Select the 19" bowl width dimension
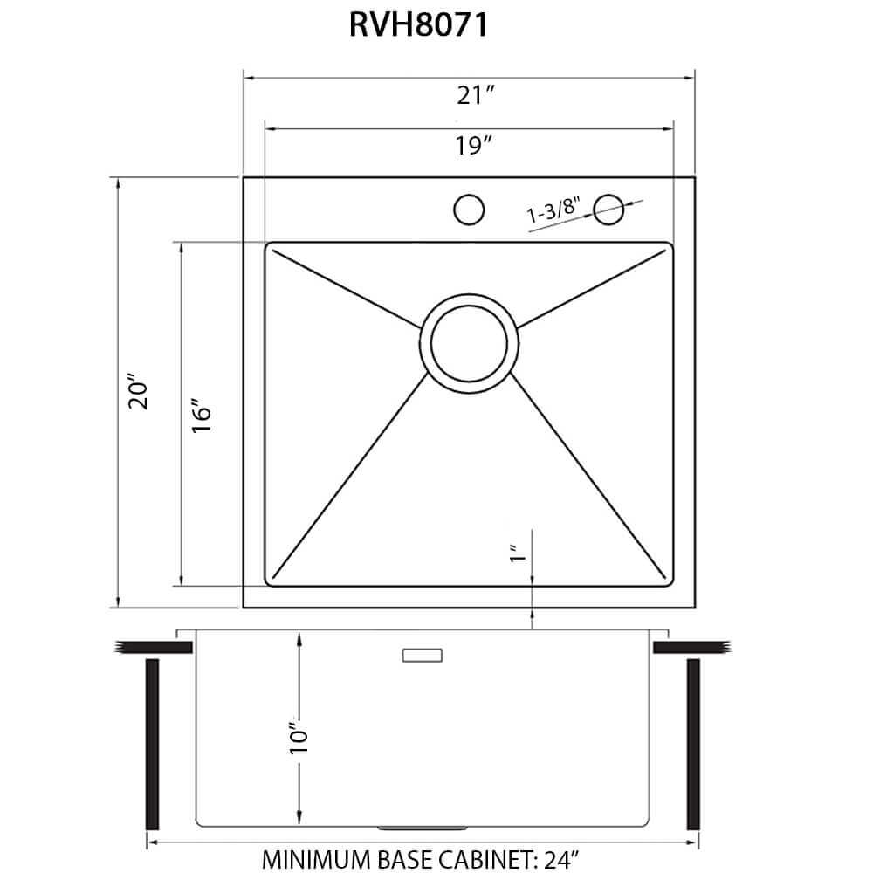click(x=471, y=146)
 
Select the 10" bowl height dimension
click(x=299, y=738)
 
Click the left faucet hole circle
click(x=469, y=210)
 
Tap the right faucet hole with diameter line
click(x=608, y=209)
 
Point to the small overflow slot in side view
click(x=423, y=655)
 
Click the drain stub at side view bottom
click(x=422, y=826)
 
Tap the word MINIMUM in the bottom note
click(x=311, y=857)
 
